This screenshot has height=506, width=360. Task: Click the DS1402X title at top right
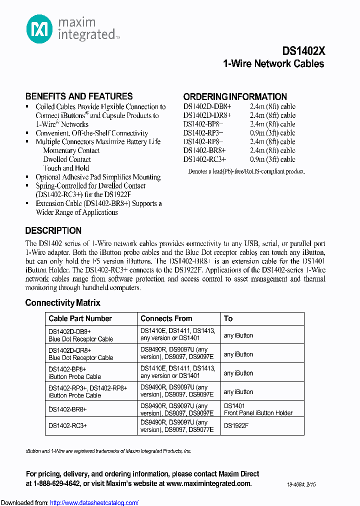pyautogui.click(x=303, y=51)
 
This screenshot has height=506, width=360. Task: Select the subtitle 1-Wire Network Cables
pyautogui.click(x=273, y=64)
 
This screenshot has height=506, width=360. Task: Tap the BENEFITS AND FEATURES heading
pyautogui.click(x=79, y=96)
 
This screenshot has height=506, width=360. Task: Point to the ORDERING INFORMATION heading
pyautogui.click(x=235, y=96)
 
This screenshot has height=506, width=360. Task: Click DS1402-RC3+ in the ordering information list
pyautogui.click(x=204, y=159)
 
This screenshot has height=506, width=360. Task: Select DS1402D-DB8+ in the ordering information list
pyautogui.click(x=207, y=106)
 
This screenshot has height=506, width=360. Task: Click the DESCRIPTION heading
pyautogui.click(x=53, y=231)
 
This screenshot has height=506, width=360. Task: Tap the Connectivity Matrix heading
pyautogui.click(x=63, y=303)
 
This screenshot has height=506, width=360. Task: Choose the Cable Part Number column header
pyautogui.click(x=80, y=318)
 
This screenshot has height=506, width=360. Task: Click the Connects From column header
pyautogui.click(x=166, y=318)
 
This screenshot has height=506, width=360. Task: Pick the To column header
pyautogui.click(x=228, y=318)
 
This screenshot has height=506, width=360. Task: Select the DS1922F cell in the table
pyautogui.click(x=236, y=425)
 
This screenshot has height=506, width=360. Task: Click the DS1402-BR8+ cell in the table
pyautogui.click(x=67, y=409)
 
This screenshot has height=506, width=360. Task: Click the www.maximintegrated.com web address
pyautogui.click(x=208, y=483)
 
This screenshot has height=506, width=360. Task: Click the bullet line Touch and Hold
pyautogui.click(x=66, y=168)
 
